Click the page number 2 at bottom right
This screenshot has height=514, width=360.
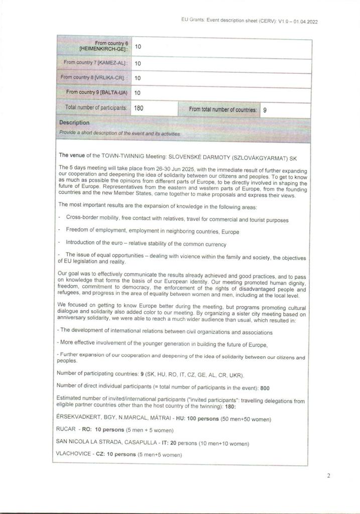click(x=328, y=475)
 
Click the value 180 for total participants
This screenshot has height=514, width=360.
click(x=140, y=108)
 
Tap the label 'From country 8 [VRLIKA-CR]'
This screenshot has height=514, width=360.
click(x=94, y=78)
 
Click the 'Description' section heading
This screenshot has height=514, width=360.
click(x=74, y=122)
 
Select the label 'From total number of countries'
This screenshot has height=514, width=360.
click(x=222, y=109)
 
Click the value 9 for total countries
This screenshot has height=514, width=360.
click(x=265, y=109)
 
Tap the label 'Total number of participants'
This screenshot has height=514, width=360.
click(x=95, y=107)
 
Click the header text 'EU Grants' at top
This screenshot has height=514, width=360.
click(x=192, y=21)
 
